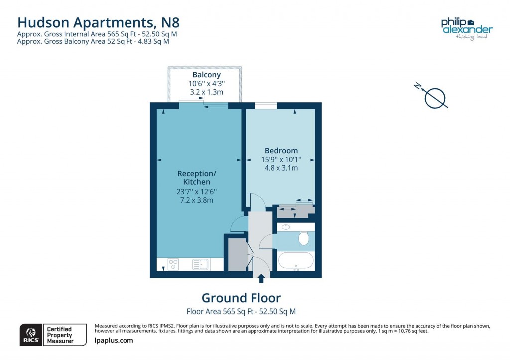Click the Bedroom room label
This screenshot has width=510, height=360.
[281, 150]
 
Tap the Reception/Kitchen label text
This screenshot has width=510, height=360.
[197, 178]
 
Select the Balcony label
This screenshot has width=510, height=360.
[206, 75]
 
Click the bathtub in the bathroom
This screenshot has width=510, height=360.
[296, 260]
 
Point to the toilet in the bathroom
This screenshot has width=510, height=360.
[304, 239]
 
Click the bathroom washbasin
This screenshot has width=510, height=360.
[286, 227]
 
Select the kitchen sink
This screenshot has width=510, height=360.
[201, 264]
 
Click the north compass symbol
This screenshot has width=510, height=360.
[434, 97]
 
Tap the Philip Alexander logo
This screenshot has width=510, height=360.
[466, 28]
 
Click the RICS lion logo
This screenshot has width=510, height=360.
[31, 334]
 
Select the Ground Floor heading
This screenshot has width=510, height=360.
[241, 298]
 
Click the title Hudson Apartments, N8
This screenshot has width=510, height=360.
[98, 22]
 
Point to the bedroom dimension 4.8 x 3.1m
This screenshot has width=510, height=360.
[281, 168]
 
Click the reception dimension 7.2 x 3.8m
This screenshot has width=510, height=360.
[197, 200]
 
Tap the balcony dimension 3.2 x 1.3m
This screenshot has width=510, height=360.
[206, 92]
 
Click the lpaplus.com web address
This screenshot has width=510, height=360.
[114, 341]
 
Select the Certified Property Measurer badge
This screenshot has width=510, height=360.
[59, 335]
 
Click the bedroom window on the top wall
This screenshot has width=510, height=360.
[265, 105]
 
